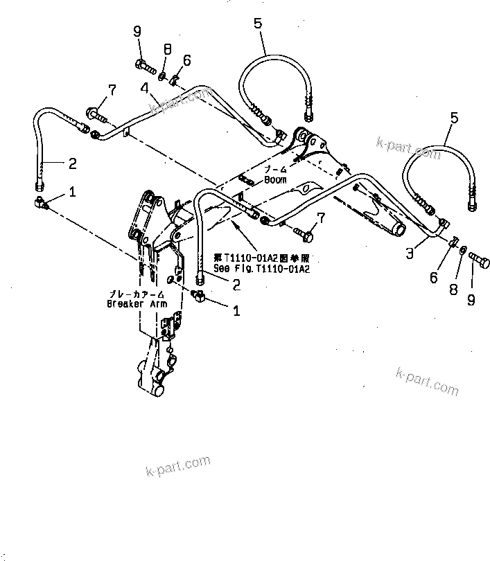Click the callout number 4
(x=143, y=88)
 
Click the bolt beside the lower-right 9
(x=480, y=262)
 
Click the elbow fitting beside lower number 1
(x=198, y=297)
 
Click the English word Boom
(x=274, y=180)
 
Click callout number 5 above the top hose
(x=257, y=24)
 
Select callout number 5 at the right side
(x=454, y=118)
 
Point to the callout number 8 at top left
(x=167, y=49)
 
